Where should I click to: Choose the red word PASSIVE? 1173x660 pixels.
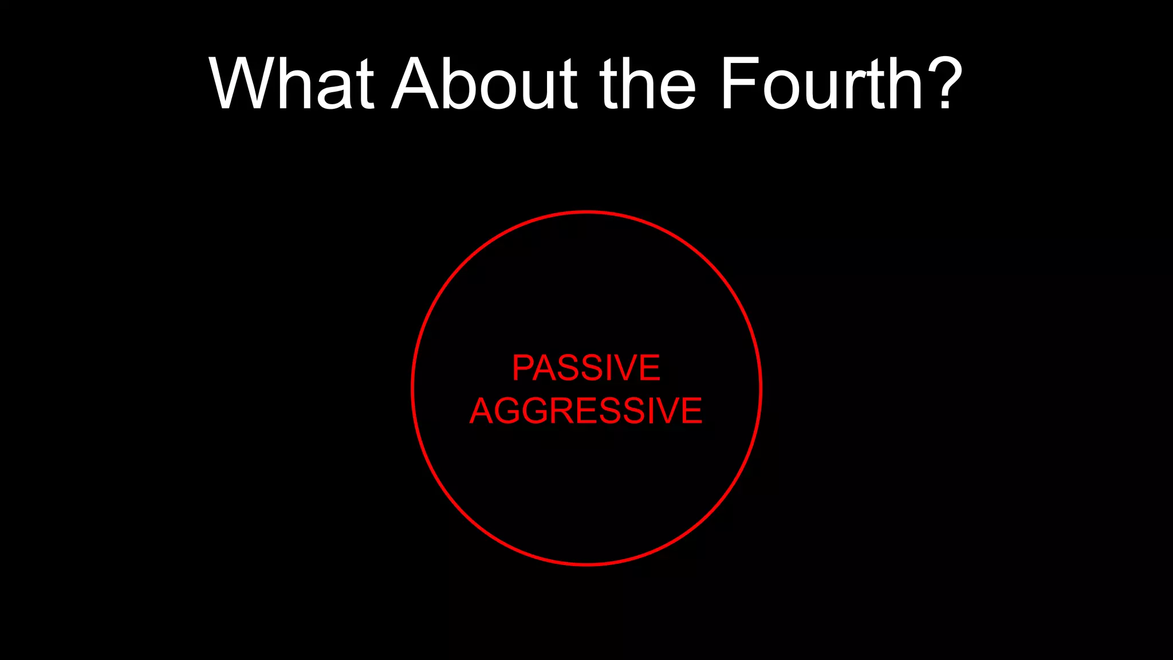tap(586, 368)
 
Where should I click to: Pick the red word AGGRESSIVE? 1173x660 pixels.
tap(586, 411)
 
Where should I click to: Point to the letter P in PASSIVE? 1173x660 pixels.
tap(524, 368)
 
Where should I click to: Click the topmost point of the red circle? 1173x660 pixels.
tap(586, 213)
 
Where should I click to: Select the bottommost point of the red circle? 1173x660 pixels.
tap(586, 564)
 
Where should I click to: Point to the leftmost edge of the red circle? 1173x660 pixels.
tap(412, 388)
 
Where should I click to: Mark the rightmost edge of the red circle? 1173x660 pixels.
tap(760, 388)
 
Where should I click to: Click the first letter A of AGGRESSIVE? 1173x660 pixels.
tap(482, 411)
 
